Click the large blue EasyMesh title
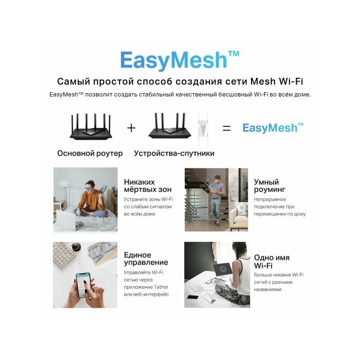coord(180,60)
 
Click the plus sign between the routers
coord(131,128)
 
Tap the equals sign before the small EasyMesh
coord(227,128)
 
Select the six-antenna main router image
coord(91,127)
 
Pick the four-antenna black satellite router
coord(169,126)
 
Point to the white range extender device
coord(203,128)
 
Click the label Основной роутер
coord(90,154)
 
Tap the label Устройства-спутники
coord(174,154)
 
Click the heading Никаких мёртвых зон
coord(148,186)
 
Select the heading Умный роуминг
coord(270,186)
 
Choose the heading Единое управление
coord(146,259)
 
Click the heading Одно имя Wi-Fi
coord(272,262)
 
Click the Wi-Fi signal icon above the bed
coord(64,184)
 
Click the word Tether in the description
coord(161,287)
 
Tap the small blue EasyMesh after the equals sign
coord(273,128)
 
